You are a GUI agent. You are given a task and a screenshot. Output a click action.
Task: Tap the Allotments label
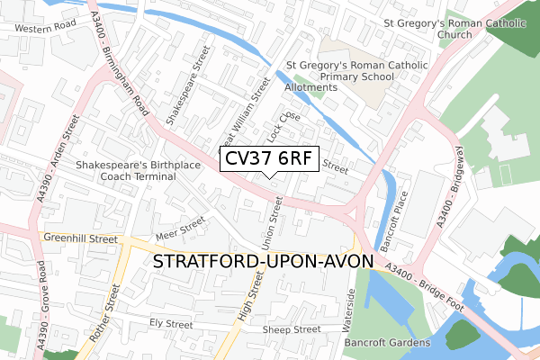click(x=311, y=87)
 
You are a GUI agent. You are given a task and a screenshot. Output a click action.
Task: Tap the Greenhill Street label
click(x=80, y=239)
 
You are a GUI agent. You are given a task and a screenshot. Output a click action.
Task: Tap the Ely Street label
click(x=171, y=323)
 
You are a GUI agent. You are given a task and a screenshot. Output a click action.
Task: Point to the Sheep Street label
click(x=292, y=329)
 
